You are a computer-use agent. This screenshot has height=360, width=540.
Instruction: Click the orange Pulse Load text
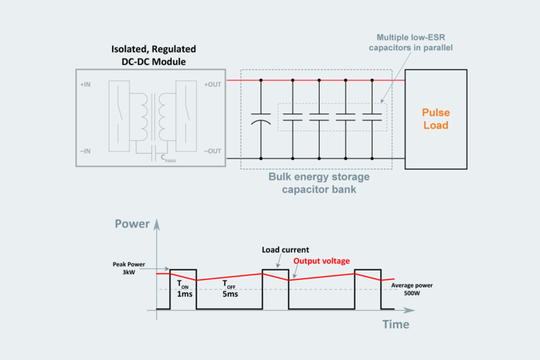click(x=434, y=119)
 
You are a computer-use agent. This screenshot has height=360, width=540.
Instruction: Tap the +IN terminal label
click(x=85, y=85)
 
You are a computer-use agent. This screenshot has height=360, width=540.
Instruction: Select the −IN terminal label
click(x=85, y=151)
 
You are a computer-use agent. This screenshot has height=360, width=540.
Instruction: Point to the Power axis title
click(x=132, y=224)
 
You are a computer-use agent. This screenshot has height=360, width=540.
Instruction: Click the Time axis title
click(x=395, y=324)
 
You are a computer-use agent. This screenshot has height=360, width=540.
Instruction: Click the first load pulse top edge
click(x=182, y=269)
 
